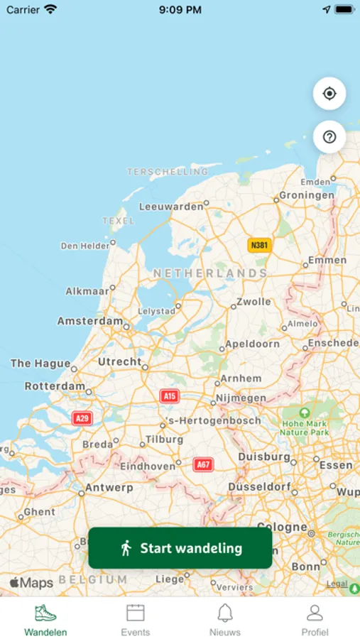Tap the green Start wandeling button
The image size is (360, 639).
[x=180, y=548]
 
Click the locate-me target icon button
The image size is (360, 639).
[x=329, y=94]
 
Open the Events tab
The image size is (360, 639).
[x=135, y=619]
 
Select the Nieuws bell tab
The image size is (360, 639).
[x=225, y=619]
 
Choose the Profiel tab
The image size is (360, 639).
[x=315, y=619]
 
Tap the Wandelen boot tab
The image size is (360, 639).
[x=45, y=619]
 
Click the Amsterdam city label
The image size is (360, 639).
[x=90, y=321]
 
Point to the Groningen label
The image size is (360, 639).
[x=307, y=195]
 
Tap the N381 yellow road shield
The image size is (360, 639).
[x=260, y=245]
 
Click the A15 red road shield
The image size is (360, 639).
[x=170, y=396]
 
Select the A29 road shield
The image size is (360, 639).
[x=82, y=418]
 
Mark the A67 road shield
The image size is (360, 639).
[x=204, y=464]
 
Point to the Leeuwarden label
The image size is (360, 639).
[x=171, y=207]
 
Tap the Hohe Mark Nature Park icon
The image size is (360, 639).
[x=305, y=413]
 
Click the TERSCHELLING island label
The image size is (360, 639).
[x=168, y=171]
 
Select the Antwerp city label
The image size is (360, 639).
[x=109, y=488]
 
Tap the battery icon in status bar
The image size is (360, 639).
[x=344, y=10]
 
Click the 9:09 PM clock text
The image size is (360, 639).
[x=180, y=10]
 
